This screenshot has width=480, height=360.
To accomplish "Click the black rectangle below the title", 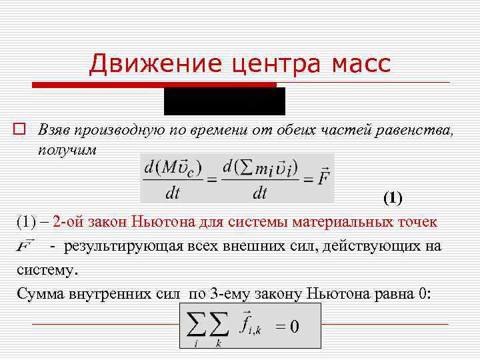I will pos(225,101).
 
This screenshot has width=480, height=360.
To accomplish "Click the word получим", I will pos(67,149).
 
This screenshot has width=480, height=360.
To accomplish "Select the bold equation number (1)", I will pos(393,198).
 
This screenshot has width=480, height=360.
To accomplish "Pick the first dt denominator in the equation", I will pos(172,193).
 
